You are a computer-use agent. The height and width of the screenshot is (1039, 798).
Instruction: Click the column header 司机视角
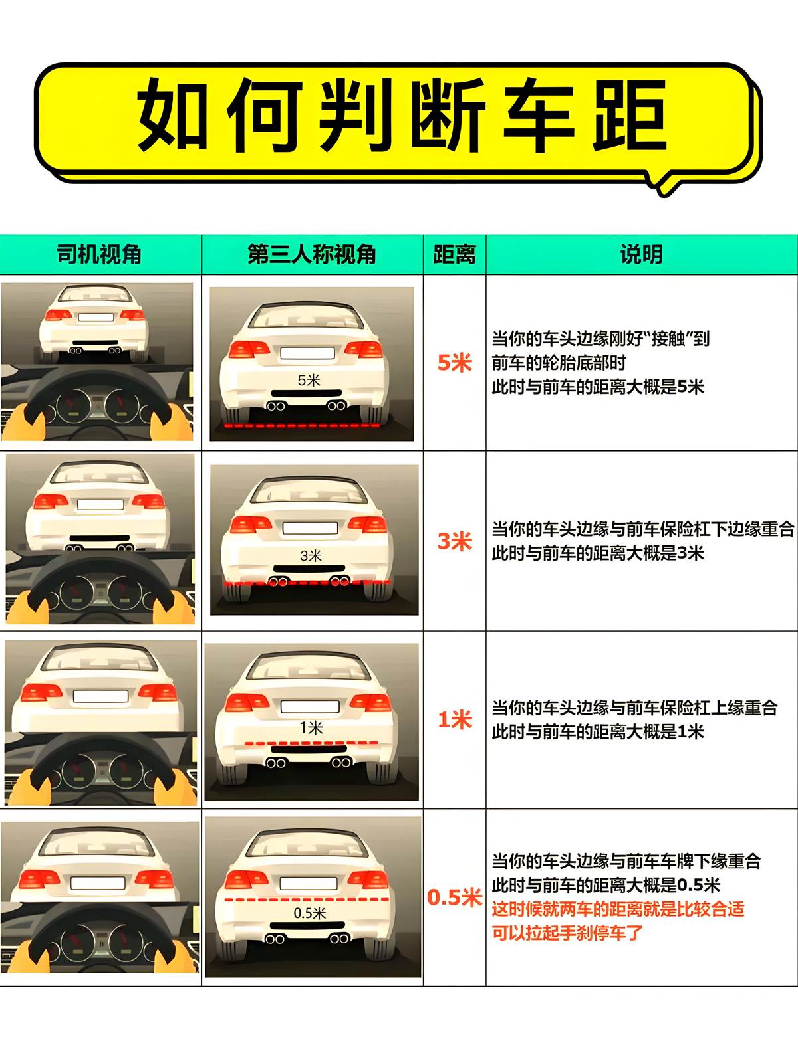[99, 254]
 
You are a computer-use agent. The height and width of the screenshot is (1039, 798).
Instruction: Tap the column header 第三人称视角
[311, 254]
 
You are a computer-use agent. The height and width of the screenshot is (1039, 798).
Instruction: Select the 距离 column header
[454, 254]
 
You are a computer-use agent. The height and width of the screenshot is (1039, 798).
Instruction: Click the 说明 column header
[641, 254]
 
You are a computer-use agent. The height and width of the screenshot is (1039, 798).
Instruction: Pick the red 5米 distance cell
[454, 363]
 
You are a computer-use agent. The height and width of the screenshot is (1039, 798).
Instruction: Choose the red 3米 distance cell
[454, 541]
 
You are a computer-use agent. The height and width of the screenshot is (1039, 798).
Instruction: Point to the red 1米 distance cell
[454, 719]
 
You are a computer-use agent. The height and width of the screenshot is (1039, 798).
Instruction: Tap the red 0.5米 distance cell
[454, 897]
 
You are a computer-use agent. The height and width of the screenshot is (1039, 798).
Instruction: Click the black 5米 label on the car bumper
[309, 380]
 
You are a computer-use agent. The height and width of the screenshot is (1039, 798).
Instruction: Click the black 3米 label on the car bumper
[311, 555]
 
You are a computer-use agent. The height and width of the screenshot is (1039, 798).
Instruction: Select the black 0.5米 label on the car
[309, 913]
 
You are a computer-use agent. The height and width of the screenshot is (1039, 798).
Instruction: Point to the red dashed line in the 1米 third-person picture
[311, 743]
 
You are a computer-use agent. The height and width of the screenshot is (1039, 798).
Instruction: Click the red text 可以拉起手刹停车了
[567, 933]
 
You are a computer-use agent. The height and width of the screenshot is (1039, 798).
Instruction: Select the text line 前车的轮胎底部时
[559, 363]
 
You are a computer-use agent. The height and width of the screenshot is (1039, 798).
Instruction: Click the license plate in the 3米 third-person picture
[310, 528]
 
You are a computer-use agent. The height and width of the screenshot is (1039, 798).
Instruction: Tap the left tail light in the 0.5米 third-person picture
[246, 879]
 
